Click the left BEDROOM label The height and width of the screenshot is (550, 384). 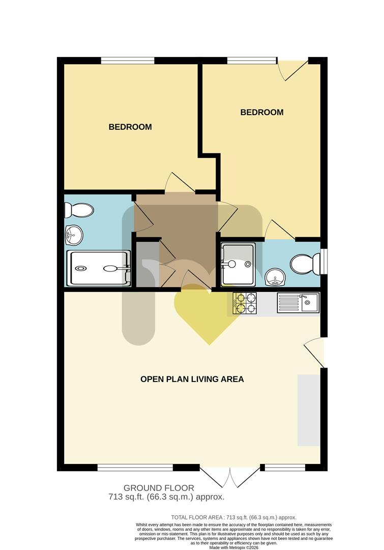pos(130,127)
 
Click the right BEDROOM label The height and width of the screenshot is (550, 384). pos(261,112)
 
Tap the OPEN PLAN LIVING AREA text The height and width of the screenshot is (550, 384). pos(192,379)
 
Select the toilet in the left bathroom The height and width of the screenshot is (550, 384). pos(79,209)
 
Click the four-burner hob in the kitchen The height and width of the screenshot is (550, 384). pos(245,303)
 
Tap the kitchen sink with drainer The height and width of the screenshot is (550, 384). pos(298,303)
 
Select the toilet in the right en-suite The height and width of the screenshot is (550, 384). pos(303,264)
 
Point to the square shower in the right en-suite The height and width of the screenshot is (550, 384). pos(238,263)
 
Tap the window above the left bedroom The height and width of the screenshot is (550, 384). pos(127,61)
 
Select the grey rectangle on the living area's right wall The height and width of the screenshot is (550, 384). pos(308,410)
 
